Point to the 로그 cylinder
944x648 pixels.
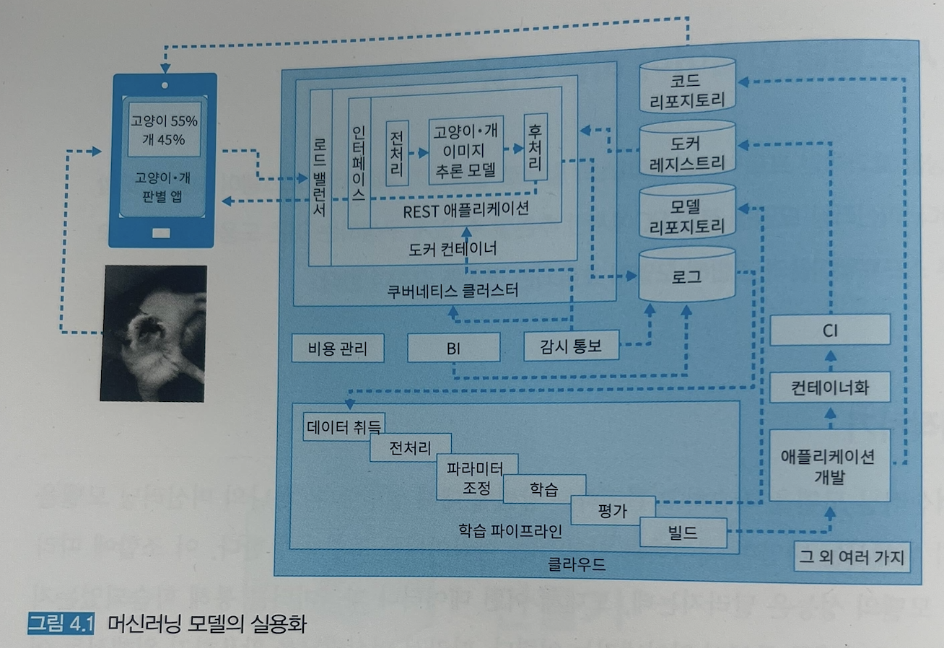pos(686,276)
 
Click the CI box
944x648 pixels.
pos(829,331)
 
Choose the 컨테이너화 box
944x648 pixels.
pos(829,388)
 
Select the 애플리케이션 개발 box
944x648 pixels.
pos(829,465)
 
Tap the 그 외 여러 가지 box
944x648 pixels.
pos(852,557)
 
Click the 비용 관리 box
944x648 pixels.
pos(337,349)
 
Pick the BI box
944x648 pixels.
pos(453,349)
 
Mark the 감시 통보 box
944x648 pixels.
pos(572,347)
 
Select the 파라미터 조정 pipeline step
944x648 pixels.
pos(476,476)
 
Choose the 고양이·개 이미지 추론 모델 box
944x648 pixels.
pos(465,150)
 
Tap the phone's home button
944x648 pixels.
pos(162,232)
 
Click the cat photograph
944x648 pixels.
pos(154,333)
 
